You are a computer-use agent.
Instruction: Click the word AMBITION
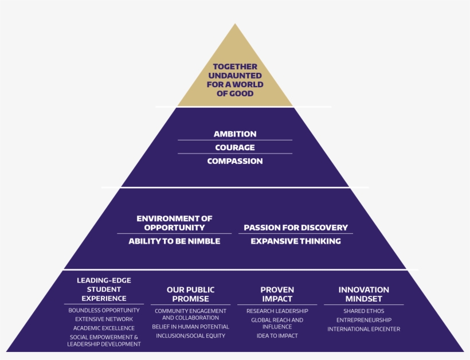click(235, 134)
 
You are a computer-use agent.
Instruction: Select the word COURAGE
click(235, 147)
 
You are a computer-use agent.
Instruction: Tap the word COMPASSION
click(235, 161)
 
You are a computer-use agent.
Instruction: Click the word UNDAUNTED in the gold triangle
click(235, 76)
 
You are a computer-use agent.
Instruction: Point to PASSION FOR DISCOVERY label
click(296, 228)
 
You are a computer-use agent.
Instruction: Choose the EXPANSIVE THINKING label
click(296, 241)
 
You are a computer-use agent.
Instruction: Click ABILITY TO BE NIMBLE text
click(174, 241)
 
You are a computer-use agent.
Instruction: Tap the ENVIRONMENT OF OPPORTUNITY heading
click(174, 223)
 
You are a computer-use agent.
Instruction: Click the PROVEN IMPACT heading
click(277, 294)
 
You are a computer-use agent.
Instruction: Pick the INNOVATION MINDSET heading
click(363, 294)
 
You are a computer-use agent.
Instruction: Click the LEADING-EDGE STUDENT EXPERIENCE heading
click(104, 289)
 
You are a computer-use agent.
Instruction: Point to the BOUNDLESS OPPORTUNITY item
click(104, 310)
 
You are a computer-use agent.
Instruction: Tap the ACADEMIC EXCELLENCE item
click(104, 328)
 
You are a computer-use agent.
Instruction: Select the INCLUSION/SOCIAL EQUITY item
click(190, 336)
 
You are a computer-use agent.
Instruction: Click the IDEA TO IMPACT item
click(277, 336)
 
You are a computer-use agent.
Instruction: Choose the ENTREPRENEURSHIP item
click(363, 320)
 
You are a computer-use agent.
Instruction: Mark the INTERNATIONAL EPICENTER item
click(363, 329)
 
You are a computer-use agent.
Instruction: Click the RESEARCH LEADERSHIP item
click(277, 311)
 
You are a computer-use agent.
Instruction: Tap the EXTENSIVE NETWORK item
click(104, 319)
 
